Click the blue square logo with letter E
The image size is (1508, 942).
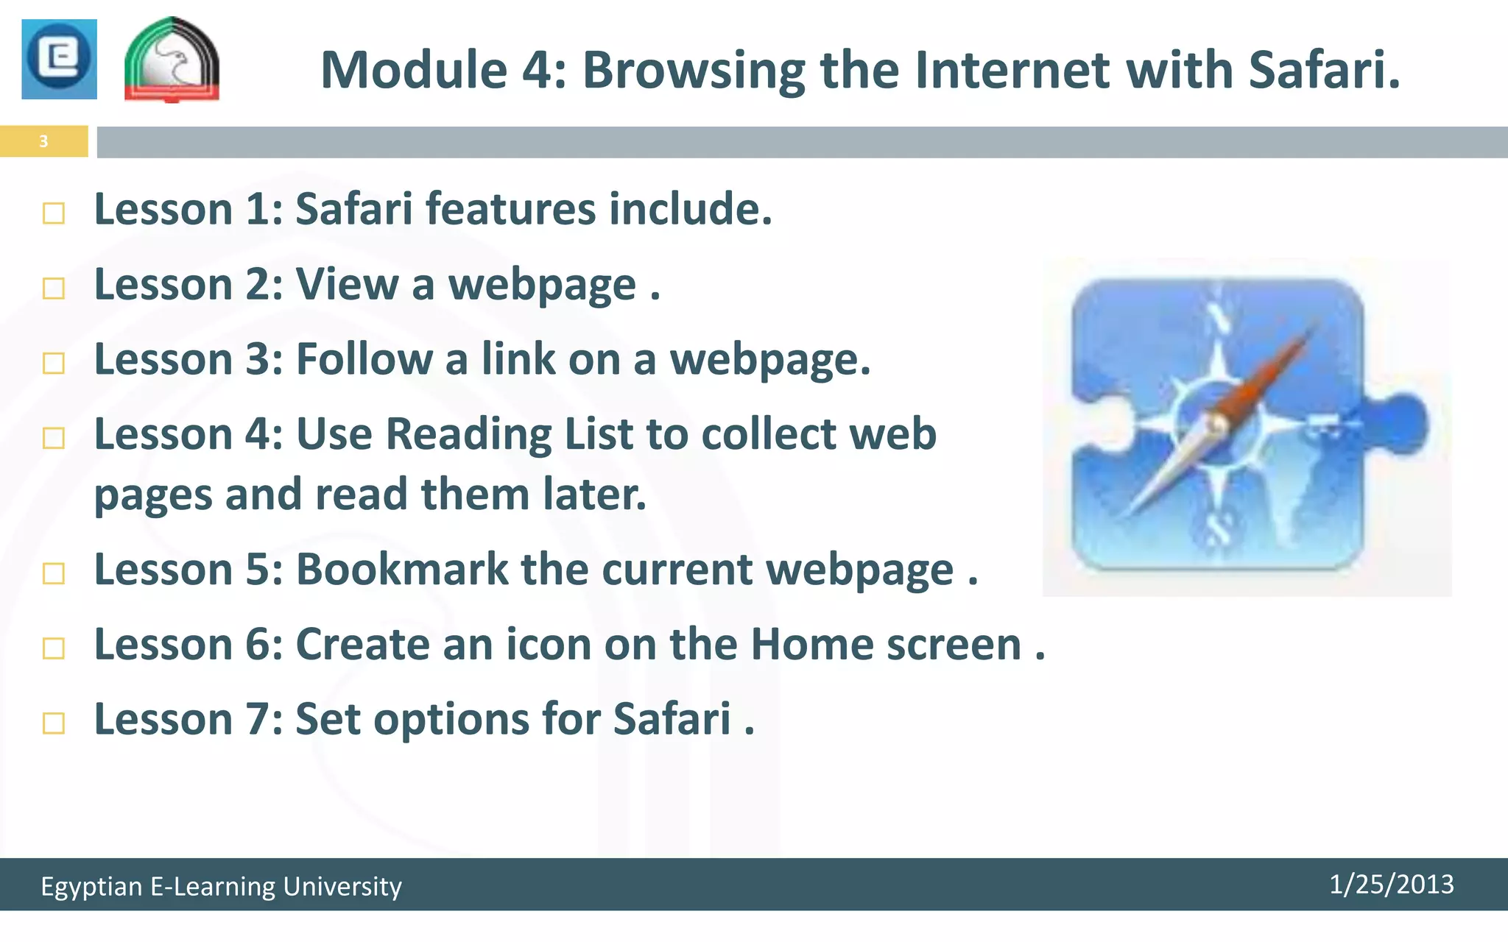[x=59, y=59]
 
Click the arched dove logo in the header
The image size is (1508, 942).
[x=172, y=60]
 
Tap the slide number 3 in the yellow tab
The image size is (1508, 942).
[x=43, y=141]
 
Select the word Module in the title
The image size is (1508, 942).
[x=414, y=70]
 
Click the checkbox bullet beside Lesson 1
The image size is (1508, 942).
[x=54, y=213]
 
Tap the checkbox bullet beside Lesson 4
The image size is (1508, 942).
[x=54, y=439]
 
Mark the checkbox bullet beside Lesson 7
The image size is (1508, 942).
[x=54, y=723]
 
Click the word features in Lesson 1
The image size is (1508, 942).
[x=510, y=209]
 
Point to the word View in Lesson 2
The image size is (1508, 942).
[x=347, y=284]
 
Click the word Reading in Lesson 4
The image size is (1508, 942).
[x=468, y=434]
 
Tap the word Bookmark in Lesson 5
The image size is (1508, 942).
[x=402, y=570]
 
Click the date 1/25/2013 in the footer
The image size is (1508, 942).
[x=1391, y=885]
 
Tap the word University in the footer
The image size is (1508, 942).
[x=342, y=886]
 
